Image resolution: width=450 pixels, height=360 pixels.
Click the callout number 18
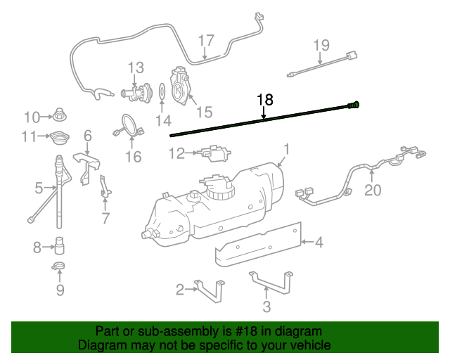(265, 100)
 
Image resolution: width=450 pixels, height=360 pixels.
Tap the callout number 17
(205, 40)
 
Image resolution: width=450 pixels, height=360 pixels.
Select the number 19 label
(321, 46)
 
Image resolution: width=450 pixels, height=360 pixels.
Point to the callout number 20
(372, 190)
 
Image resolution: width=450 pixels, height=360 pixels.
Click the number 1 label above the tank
(286, 149)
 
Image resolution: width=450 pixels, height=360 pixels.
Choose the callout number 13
(136, 68)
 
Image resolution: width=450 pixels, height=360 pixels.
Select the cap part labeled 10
(61, 115)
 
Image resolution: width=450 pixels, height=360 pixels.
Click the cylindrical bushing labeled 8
(61, 246)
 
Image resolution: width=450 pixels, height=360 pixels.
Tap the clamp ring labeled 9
(60, 266)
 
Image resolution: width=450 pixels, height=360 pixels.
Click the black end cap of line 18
(354, 105)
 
